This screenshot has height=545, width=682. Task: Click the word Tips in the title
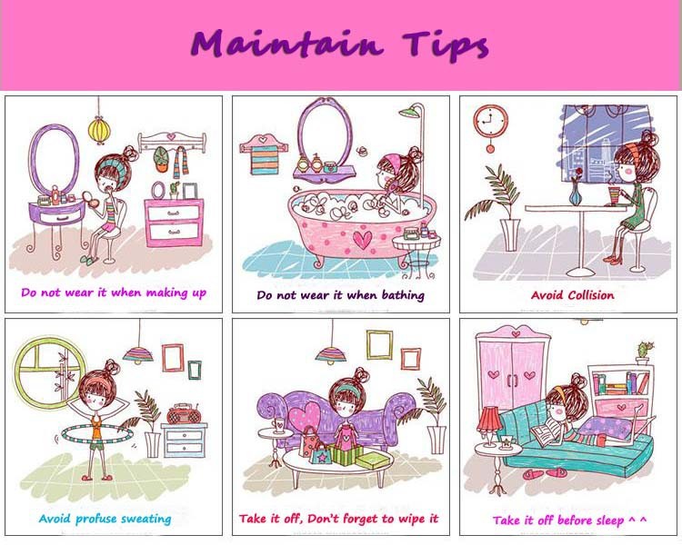pyautogui.click(x=446, y=45)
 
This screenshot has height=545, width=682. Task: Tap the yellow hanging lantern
pyautogui.click(x=99, y=129)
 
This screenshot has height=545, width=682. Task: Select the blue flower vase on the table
pyautogui.click(x=576, y=193)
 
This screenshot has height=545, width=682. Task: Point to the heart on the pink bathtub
pyautogui.click(x=362, y=240)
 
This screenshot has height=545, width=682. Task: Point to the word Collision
pyautogui.click(x=591, y=295)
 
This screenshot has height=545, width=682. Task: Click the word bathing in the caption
pyautogui.click(x=403, y=295)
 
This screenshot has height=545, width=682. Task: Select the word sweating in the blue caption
pyautogui.click(x=146, y=519)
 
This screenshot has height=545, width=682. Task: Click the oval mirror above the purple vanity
pyautogui.click(x=55, y=159)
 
